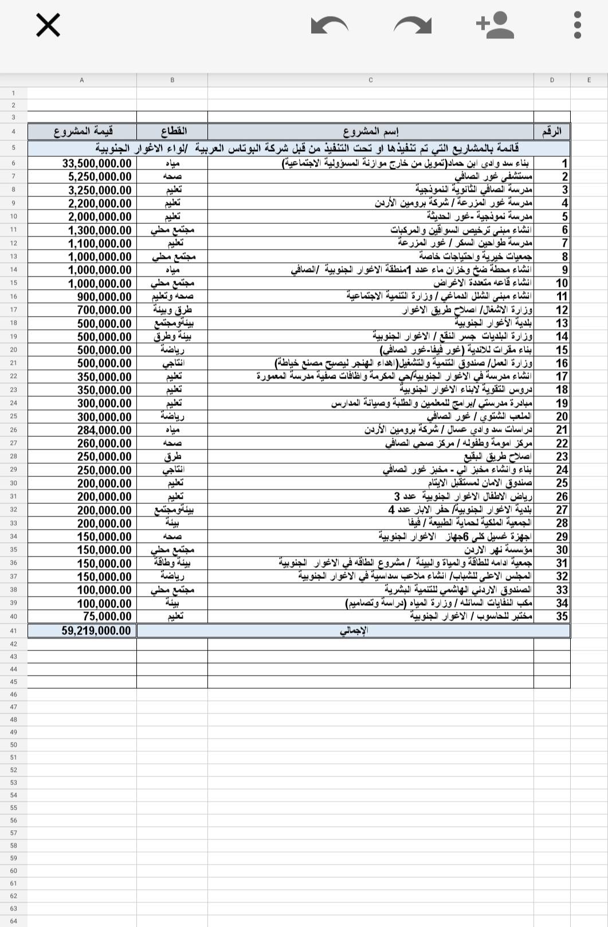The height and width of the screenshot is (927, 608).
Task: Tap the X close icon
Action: coord(48,26)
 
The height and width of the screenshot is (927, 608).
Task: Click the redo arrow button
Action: coord(413,26)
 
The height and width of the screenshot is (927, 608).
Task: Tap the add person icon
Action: coord(495,26)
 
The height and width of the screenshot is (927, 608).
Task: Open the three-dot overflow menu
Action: coord(578,26)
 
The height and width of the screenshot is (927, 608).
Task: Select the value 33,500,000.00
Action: coord(96,164)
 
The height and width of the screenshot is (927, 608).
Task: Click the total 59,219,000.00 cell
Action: coord(96,631)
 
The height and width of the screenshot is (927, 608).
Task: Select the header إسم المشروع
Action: coord(371,132)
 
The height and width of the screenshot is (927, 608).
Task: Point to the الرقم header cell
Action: coord(552,132)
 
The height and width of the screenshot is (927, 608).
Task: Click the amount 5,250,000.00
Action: coord(100,177)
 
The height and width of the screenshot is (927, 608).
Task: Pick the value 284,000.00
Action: coord(104,430)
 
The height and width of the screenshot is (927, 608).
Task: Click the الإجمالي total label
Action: coord(354,631)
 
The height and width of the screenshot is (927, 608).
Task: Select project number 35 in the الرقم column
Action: coord(562,617)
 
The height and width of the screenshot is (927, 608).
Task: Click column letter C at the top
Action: coord(371,80)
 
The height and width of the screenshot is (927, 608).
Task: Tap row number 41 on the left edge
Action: coord(14,631)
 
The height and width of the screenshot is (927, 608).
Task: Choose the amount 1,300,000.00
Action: coord(100,230)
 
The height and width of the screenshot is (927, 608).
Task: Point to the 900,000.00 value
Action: coord(104,297)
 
